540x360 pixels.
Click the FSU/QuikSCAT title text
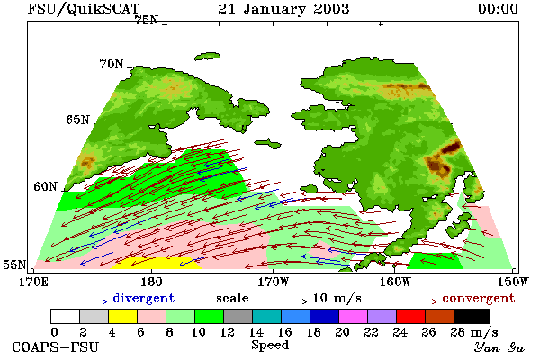[84, 9]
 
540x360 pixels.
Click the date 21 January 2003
[283, 9]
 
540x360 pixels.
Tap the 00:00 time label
[498, 9]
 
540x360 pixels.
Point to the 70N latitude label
[112, 64]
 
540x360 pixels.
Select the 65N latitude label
[77, 120]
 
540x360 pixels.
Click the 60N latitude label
[45, 186]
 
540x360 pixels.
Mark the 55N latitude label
[14, 265]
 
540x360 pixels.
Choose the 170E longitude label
[33, 282]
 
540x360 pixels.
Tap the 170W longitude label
[274, 282]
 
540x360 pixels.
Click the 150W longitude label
[513, 282]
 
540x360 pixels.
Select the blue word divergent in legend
[144, 298]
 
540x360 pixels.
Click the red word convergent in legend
[479, 298]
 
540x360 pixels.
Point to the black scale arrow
[281, 301]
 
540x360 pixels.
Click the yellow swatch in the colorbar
[122, 316]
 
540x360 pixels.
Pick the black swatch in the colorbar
[472, 316]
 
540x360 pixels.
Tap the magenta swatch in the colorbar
[353, 316]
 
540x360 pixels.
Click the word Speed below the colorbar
[270, 346]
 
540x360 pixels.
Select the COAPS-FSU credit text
[56, 346]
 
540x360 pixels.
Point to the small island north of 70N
[207, 56]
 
